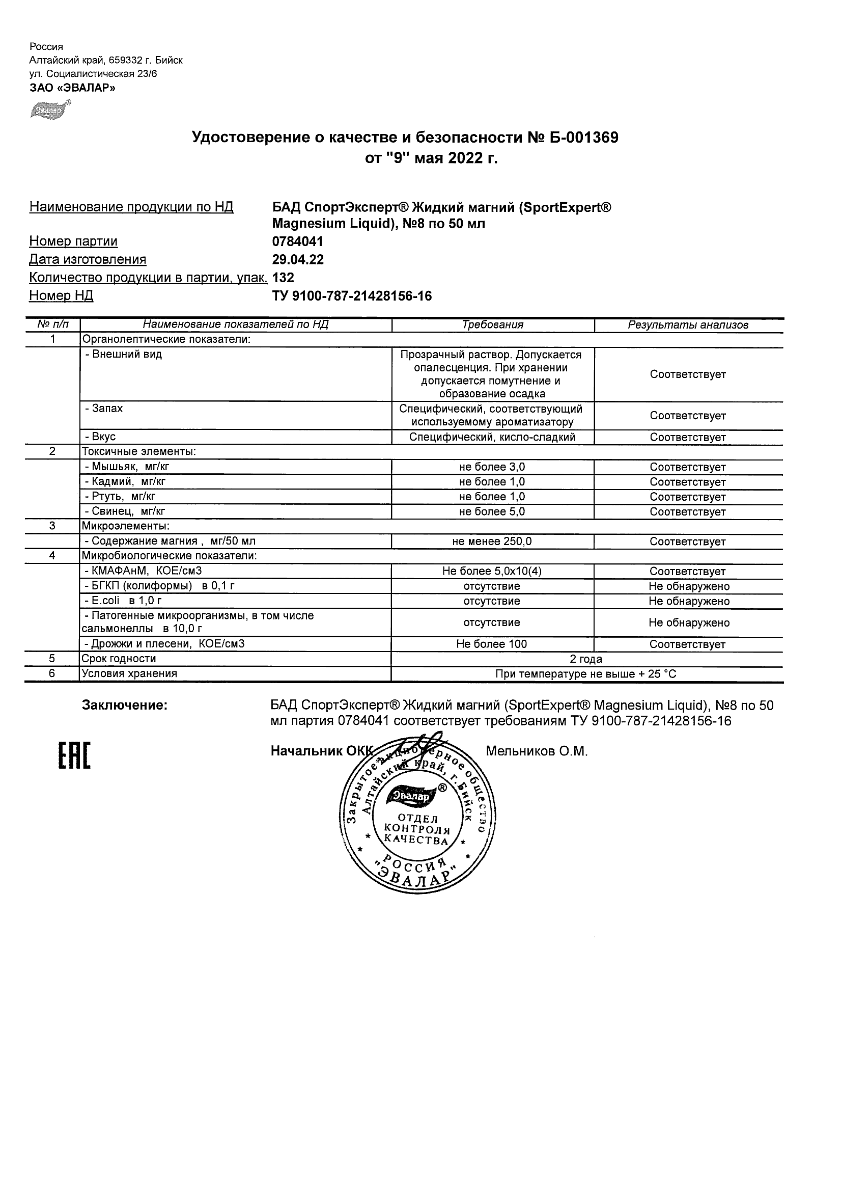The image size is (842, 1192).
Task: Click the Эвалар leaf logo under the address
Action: point(50,110)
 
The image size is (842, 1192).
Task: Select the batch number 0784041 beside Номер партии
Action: point(297,241)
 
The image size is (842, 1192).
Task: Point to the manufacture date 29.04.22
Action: point(298,260)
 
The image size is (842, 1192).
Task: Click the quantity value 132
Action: point(283,278)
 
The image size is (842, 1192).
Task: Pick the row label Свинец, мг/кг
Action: point(125,512)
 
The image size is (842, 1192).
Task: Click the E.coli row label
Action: point(123,601)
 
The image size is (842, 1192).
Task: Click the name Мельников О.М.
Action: point(537,751)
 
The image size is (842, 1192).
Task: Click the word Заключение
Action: point(125,706)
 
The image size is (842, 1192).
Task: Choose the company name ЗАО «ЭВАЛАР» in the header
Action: point(73,88)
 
